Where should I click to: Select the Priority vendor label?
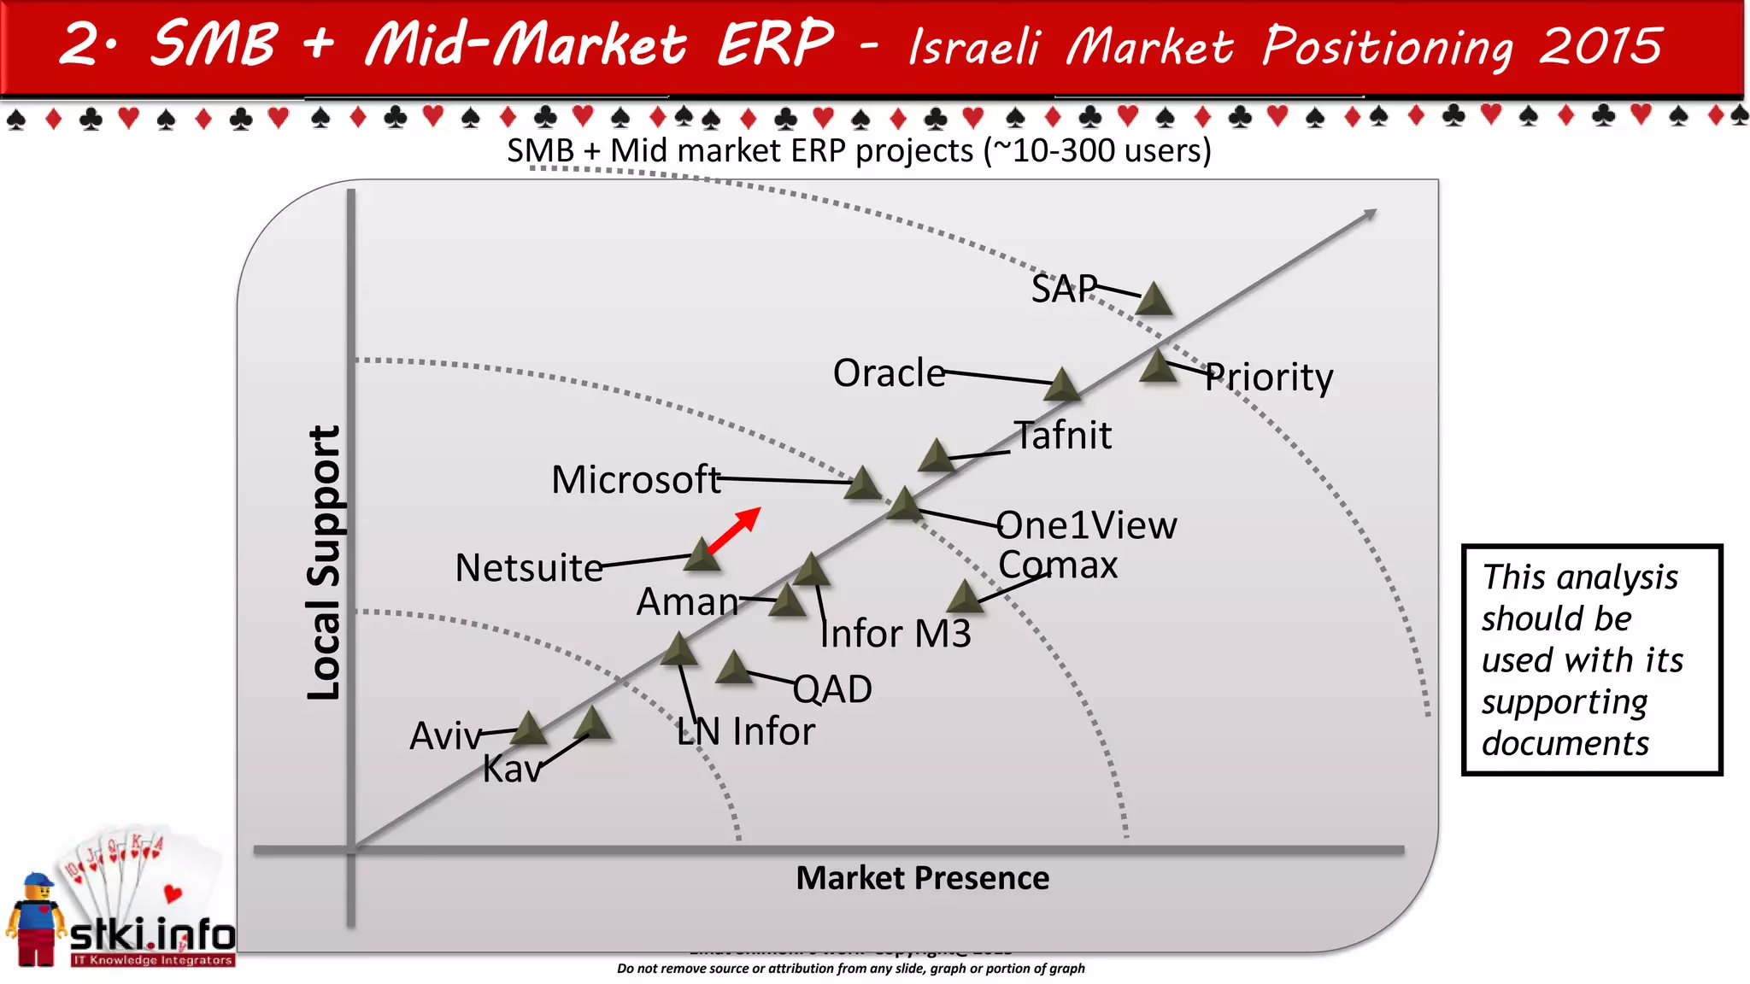[x=1269, y=378]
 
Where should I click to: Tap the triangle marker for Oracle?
[x=1062, y=386]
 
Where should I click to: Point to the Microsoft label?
[x=636, y=479]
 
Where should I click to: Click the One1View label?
[x=1087, y=524]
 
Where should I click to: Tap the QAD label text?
[x=832, y=689]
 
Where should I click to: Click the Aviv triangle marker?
[x=528, y=729]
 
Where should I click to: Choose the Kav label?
[x=512, y=770]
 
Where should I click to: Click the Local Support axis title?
[x=325, y=563]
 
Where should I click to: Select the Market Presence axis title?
[x=922, y=878]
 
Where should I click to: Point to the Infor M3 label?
[x=896, y=634]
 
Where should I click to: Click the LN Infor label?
[x=745, y=732]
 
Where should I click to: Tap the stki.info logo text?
[x=152, y=934]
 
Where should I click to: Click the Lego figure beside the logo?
[x=34, y=921]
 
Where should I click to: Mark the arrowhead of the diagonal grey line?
[x=1370, y=214]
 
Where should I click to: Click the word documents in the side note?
[x=1565, y=743]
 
